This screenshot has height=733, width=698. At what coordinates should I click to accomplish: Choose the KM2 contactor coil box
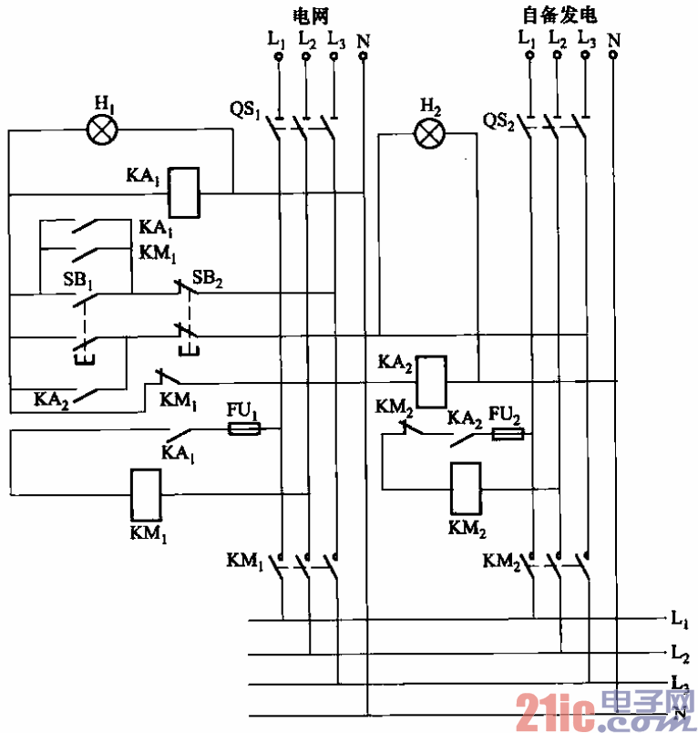coord(467,489)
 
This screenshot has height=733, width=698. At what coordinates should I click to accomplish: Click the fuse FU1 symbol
coord(243,428)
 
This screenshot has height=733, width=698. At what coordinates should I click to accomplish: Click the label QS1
coord(246,110)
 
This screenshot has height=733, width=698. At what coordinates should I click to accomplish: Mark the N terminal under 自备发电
coord(613,55)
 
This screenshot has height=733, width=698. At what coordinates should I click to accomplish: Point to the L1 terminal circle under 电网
coord(279,57)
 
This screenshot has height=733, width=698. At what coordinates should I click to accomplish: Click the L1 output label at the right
coord(679,621)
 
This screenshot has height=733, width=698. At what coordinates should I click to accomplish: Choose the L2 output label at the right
coord(679,653)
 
